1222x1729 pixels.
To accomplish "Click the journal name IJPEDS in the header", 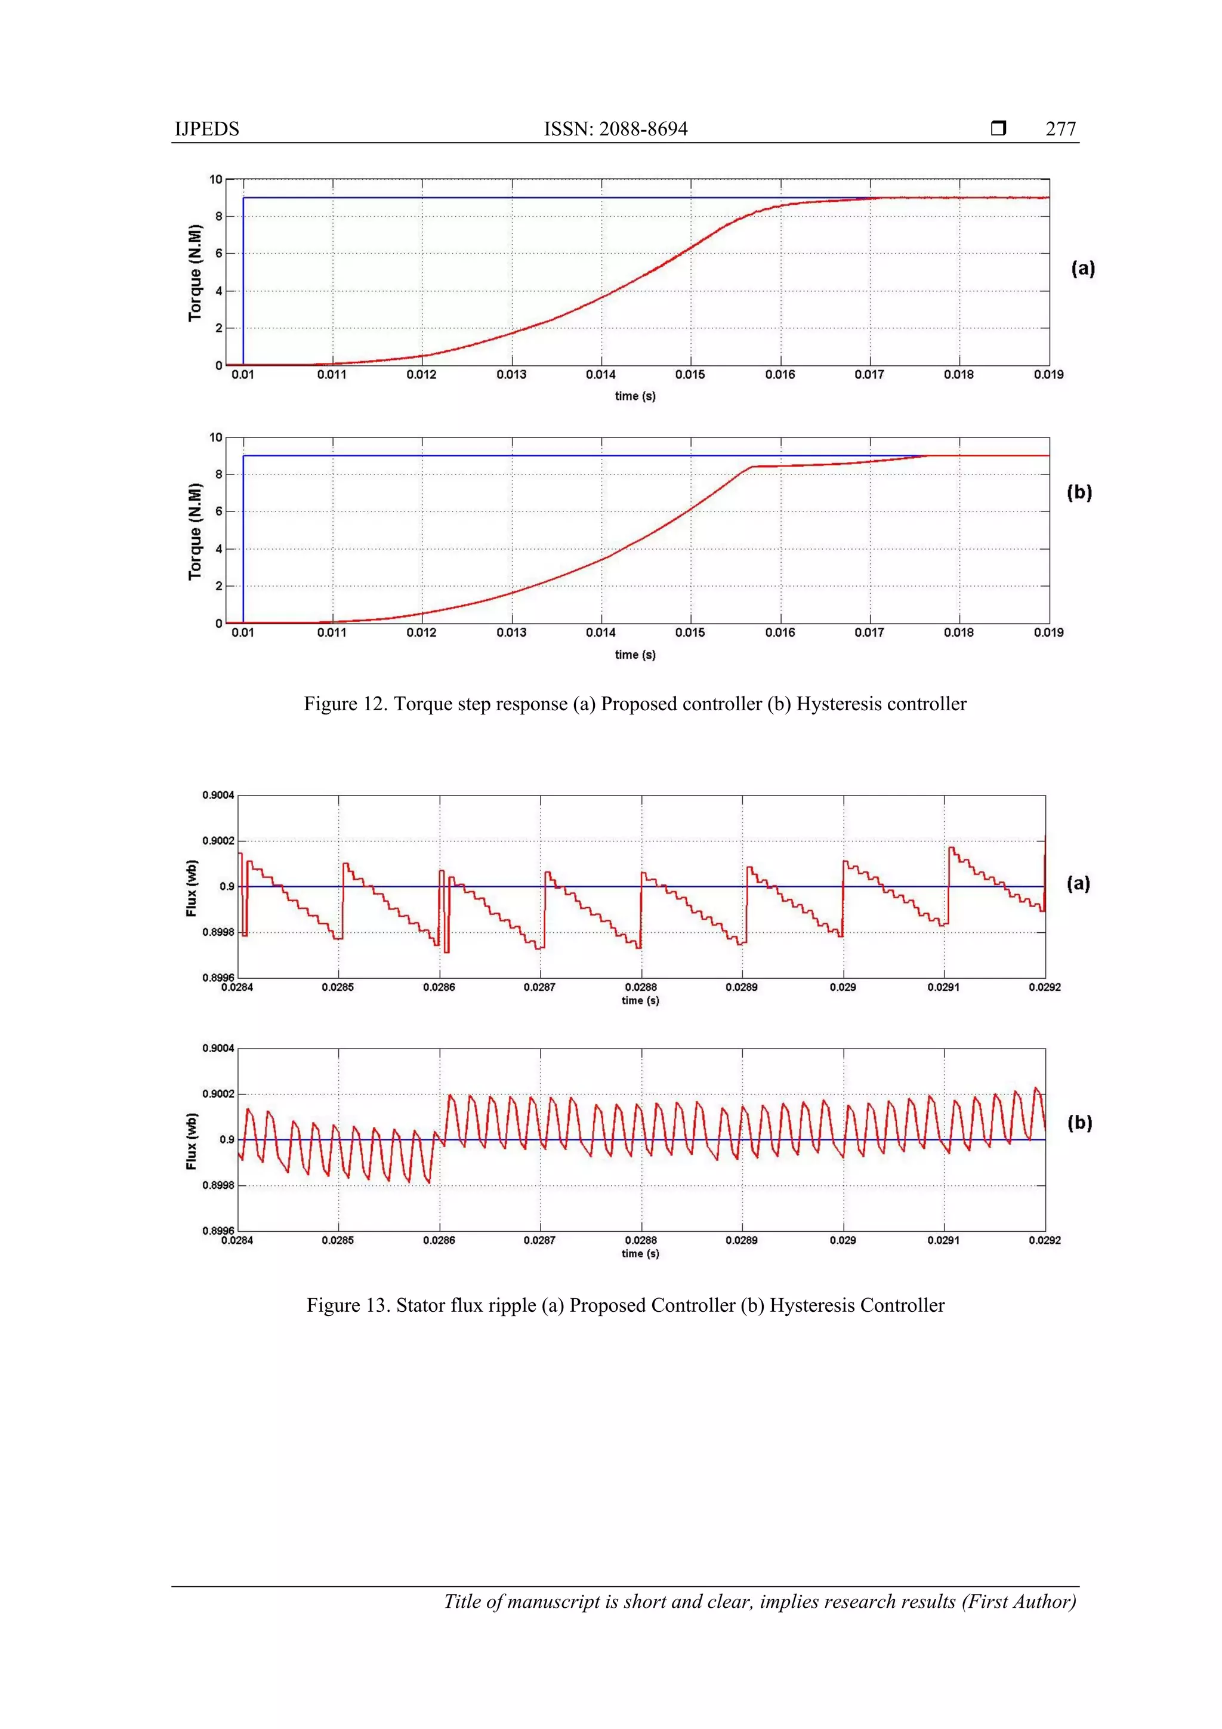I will click(x=206, y=129).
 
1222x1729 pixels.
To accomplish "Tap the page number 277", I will click(x=1060, y=129).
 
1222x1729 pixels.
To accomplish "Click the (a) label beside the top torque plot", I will click(x=1083, y=268).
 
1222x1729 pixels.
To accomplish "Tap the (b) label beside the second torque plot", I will click(x=1079, y=492).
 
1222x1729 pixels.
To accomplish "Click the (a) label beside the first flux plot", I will click(x=1078, y=883).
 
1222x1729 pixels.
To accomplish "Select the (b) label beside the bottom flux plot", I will click(x=1079, y=1123).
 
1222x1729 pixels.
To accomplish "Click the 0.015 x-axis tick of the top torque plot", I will click(x=690, y=375).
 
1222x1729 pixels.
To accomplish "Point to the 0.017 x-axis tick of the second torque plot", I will click(x=869, y=633).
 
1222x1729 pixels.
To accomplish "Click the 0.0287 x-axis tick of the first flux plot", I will click(x=540, y=987).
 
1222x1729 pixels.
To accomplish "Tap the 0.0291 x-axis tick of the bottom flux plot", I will click(x=943, y=1240).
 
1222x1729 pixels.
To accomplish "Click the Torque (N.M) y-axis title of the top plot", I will click(x=195, y=273).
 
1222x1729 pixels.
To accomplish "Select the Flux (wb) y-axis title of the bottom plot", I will click(x=192, y=1141).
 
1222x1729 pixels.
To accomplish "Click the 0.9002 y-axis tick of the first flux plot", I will click(x=218, y=841).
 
